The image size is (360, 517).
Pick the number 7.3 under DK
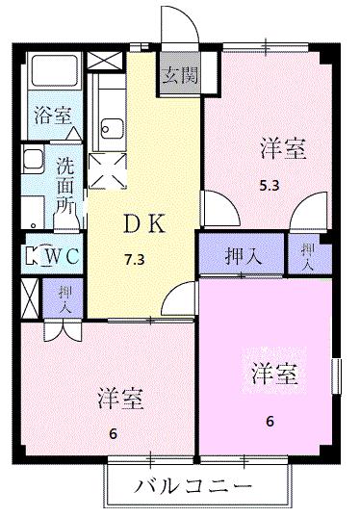[135, 259]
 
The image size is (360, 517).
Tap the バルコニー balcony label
[197, 485]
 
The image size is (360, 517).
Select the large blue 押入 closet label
[241, 257]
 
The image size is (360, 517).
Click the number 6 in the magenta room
[270, 420]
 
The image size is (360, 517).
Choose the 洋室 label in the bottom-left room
[121, 398]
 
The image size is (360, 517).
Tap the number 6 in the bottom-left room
[114, 432]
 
